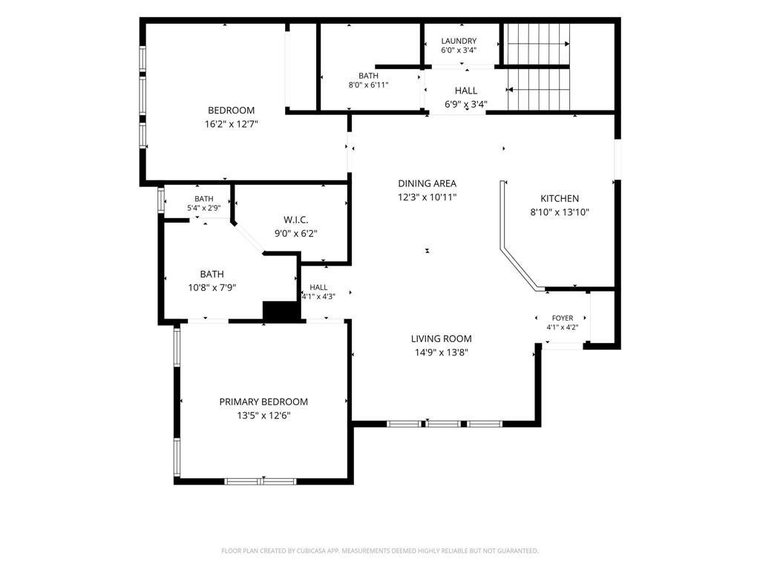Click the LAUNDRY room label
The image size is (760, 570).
(459, 41)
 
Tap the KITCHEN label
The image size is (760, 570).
(560, 198)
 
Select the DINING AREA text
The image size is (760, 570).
(427, 183)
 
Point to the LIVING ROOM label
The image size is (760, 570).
(441, 338)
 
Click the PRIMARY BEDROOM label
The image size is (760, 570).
(263, 402)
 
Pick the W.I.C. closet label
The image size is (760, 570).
(295, 220)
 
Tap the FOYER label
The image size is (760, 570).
(563, 318)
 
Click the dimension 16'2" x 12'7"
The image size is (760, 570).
(232, 124)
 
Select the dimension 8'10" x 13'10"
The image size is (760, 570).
(560, 212)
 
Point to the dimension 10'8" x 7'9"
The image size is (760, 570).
(212, 287)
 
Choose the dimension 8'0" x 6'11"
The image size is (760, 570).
(368, 85)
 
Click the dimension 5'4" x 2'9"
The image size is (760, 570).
(203, 208)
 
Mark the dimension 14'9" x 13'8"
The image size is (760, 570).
(441, 353)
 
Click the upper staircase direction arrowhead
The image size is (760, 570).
(567, 44)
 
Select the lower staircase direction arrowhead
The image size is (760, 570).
(510, 90)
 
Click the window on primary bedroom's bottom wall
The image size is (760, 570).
(261, 481)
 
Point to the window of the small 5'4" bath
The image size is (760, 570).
(161, 200)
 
